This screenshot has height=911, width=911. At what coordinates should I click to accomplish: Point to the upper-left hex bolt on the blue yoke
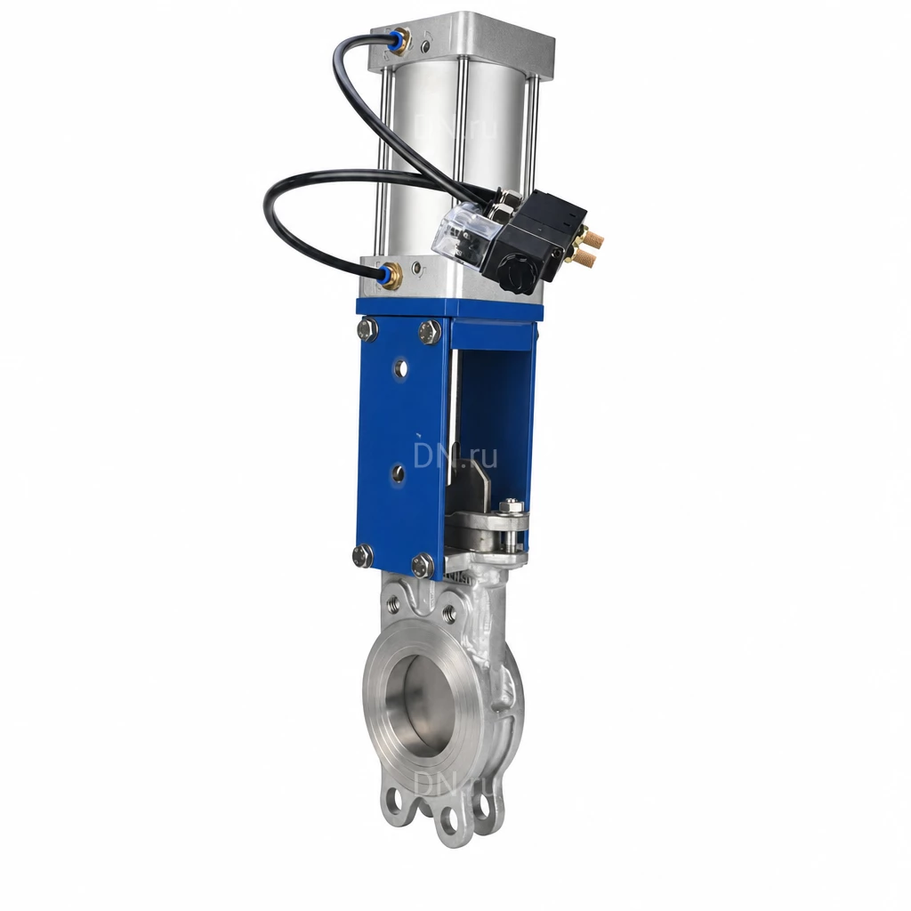tap(367, 329)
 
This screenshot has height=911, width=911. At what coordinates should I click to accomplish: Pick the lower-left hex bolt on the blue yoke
tap(363, 555)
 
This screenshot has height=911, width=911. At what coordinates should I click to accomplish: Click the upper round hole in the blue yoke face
tap(400, 367)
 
